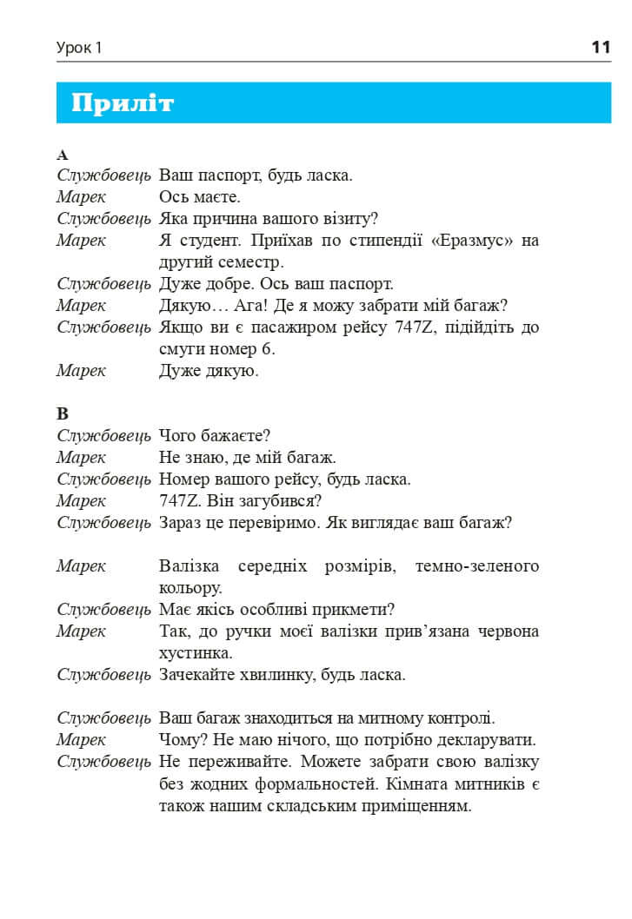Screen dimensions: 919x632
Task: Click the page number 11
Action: (600, 47)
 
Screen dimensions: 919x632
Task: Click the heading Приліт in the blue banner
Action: (123, 103)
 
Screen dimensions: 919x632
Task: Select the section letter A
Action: (62, 155)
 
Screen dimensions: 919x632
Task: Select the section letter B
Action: (62, 413)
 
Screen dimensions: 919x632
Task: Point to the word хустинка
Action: (196, 652)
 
